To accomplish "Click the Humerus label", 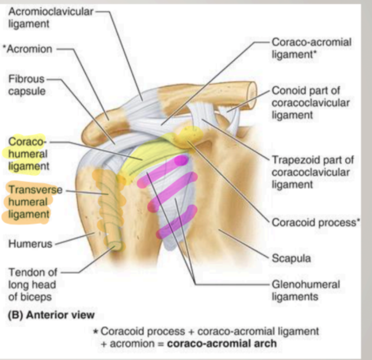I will click(28, 244).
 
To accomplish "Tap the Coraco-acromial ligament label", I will click(311, 48).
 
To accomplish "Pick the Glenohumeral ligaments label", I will click(305, 290).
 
